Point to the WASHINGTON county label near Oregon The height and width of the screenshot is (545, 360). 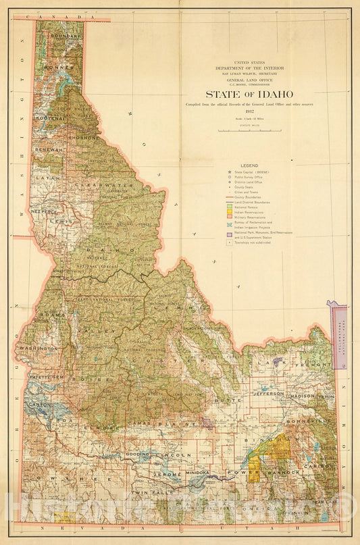coord(39,348)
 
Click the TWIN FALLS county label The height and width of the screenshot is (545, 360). coord(148,494)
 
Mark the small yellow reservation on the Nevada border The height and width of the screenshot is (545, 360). coord(65,517)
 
